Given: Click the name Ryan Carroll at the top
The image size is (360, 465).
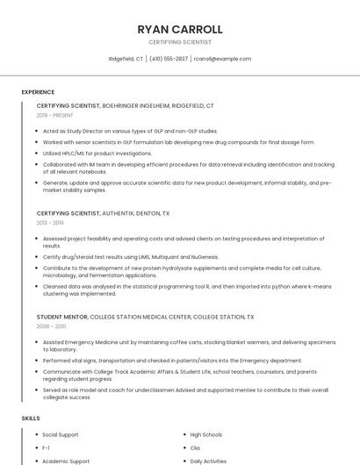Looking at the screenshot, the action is click(x=180, y=29).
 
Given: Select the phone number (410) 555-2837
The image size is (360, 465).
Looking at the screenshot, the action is click(x=169, y=59).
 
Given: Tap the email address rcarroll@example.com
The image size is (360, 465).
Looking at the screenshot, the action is click(x=223, y=59).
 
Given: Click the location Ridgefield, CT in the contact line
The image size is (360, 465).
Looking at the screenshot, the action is click(x=126, y=59).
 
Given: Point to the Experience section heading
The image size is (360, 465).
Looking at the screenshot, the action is click(x=38, y=91).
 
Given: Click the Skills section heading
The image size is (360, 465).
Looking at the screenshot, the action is click(x=31, y=418).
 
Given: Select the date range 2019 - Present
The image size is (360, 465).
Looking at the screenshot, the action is click(x=55, y=115).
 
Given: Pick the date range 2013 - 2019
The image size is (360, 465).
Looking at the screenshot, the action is click(x=50, y=223).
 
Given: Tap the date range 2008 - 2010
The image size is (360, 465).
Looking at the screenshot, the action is click(x=51, y=326).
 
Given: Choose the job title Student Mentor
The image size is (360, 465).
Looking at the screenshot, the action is click(x=61, y=317).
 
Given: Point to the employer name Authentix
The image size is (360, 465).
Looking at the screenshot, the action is click(x=117, y=213).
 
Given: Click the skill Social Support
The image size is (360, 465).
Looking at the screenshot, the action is click(x=61, y=434).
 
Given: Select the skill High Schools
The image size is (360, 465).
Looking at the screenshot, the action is click(x=206, y=434).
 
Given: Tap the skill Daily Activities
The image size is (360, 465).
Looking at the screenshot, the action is click(x=209, y=461).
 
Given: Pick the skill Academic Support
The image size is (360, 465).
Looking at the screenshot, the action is click(x=66, y=461).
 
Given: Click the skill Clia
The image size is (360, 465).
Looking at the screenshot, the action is click(x=196, y=447).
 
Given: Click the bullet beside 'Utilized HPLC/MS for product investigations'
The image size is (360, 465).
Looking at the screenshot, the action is click(x=37, y=153).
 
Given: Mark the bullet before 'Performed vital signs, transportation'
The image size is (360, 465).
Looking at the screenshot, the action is click(x=37, y=360).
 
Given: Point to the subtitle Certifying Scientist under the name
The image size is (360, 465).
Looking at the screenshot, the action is click(x=180, y=42).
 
